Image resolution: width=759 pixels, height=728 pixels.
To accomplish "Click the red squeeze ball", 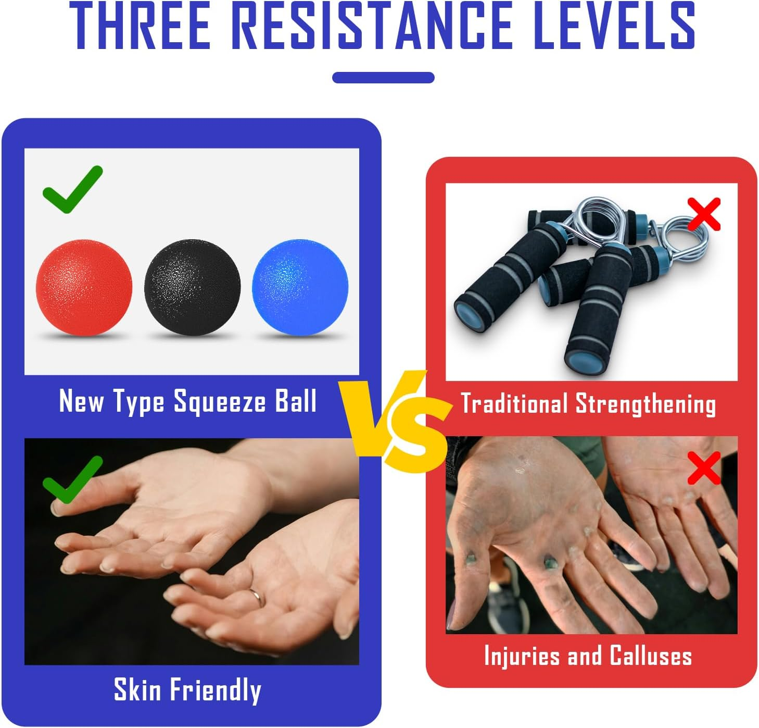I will [x=83, y=288].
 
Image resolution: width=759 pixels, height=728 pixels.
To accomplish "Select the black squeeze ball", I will [x=193, y=288].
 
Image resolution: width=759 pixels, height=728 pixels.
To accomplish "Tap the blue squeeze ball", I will [x=299, y=288].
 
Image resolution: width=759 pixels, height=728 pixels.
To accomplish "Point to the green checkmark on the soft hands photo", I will [x=72, y=479].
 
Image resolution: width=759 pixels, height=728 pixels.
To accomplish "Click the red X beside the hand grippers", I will [x=704, y=214].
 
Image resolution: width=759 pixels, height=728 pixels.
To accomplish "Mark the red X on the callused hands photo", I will [x=704, y=467].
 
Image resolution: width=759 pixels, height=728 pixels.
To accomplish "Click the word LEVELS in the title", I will [x=614, y=26].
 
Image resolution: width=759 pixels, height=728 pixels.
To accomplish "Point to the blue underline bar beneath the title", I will [x=383, y=78].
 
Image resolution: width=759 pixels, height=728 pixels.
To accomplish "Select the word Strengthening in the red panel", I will [x=646, y=405].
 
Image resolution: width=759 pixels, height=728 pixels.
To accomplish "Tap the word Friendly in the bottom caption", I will [x=216, y=690].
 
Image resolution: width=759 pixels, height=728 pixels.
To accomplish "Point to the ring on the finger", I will [x=256, y=595].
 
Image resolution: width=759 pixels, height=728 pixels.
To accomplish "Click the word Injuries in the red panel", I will [x=522, y=656].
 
